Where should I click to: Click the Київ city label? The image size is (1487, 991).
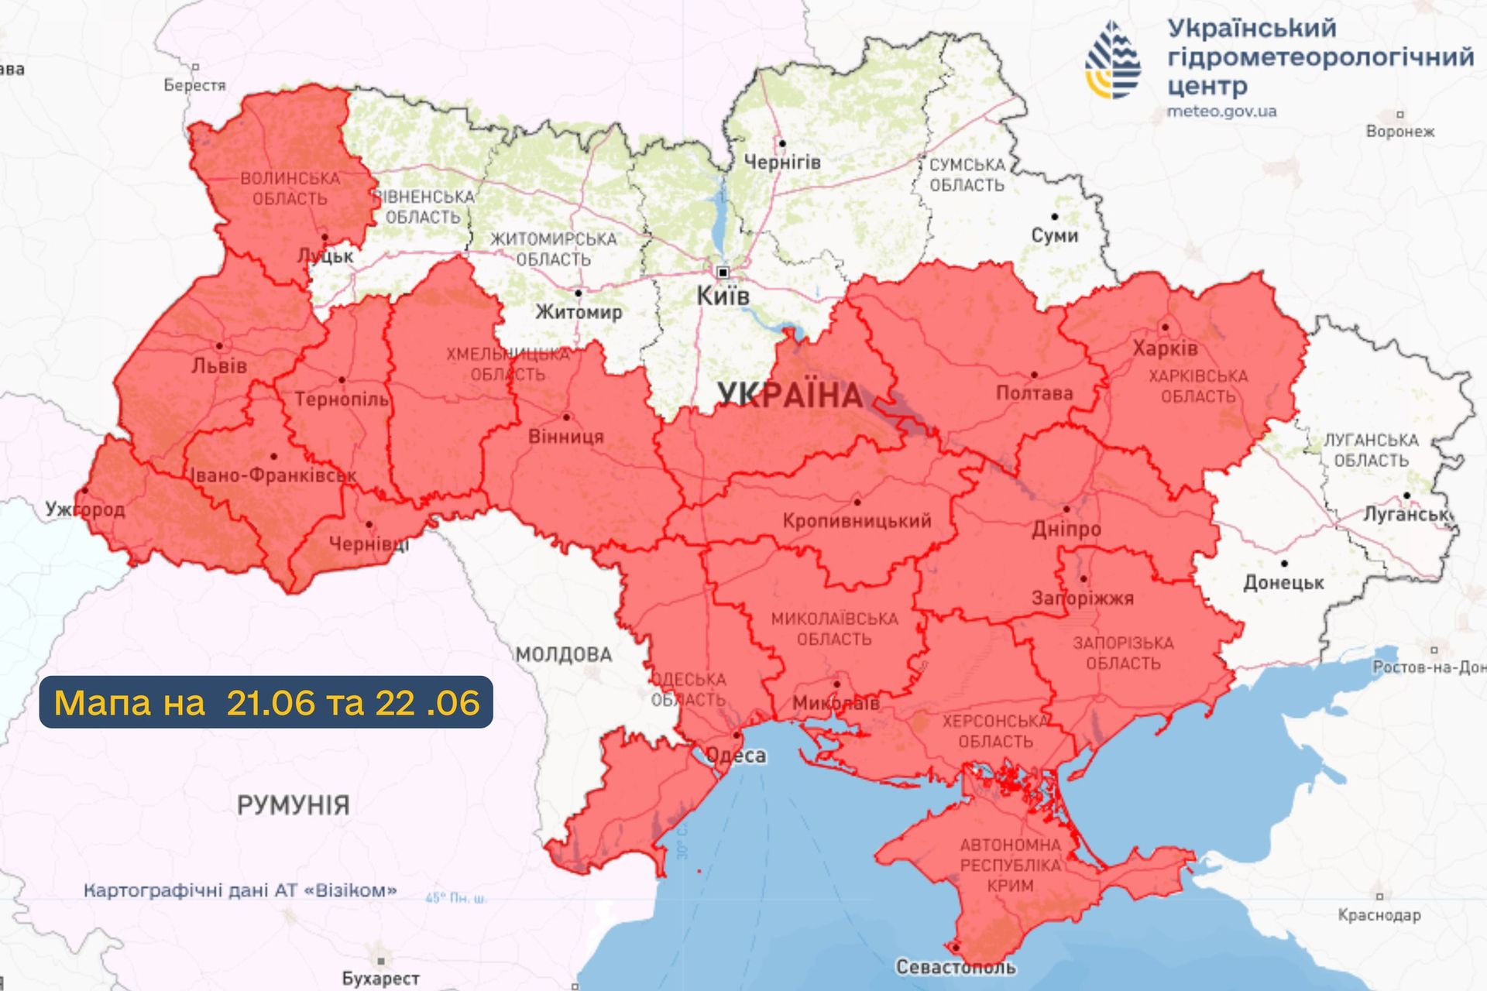723,296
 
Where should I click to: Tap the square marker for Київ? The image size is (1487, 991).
723,273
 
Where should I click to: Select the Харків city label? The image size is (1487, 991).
1165,349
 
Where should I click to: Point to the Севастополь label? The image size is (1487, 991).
956,967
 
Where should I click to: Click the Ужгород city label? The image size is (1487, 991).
85,509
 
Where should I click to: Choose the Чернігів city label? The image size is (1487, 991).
781,163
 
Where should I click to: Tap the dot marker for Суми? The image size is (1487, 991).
1054,217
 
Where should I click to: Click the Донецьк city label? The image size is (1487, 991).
1283,583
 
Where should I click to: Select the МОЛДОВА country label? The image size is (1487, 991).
564,655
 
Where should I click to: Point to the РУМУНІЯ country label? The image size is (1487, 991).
293,805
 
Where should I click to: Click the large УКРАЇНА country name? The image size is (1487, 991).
789,396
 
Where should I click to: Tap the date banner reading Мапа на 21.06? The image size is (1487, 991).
266,702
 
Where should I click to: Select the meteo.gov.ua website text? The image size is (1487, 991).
1221,111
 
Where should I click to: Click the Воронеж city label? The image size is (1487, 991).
1399,132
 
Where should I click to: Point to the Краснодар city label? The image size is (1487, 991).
1379,916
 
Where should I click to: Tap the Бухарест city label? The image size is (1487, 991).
380,979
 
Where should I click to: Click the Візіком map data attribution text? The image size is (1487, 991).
240,890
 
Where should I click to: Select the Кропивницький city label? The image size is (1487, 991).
857,521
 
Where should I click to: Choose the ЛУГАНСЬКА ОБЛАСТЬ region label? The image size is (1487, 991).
1371,451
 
